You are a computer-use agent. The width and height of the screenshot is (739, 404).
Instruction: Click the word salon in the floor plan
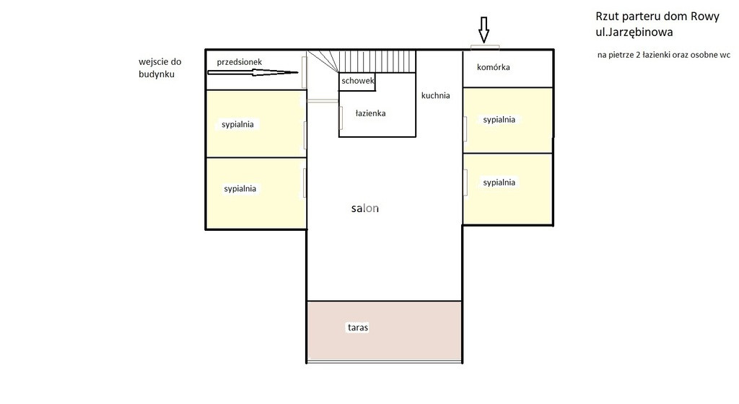pyautogui.click(x=364, y=208)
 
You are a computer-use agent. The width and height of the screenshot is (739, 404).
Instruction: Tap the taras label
pyautogui.click(x=358, y=328)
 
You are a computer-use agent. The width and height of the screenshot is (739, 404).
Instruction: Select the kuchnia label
pyautogui.click(x=435, y=95)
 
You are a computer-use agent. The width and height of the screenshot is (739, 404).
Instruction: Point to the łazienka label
pyautogui.click(x=370, y=113)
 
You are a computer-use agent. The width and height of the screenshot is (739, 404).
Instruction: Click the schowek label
pyautogui.click(x=358, y=81)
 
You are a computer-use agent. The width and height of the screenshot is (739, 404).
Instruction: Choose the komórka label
pyautogui.click(x=494, y=67)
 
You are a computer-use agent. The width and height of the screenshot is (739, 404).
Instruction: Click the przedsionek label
pyautogui.click(x=240, y=62)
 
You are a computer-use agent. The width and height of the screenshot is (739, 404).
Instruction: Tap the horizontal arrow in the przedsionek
pyautogui.click(x=253, y=73)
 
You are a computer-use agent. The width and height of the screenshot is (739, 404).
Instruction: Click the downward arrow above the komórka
pyautogui.click(x=484, y=29)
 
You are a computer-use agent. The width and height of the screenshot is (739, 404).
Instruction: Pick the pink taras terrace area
pyautogui.click(x=384, y=330)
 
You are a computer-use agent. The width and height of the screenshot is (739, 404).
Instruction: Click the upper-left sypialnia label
pyautogui.click(x=237, y=124)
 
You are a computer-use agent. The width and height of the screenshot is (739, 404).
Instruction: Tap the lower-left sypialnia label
pyautogui.click(x=240, y=188)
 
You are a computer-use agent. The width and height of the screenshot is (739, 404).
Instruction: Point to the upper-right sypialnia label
pyautogui.click(x=499, y=120)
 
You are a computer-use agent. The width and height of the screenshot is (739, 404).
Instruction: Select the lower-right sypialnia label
pyautogui.click(x=499, y=183)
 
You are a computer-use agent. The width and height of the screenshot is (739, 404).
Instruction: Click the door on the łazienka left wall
pyautogui.click(x=341, y=118)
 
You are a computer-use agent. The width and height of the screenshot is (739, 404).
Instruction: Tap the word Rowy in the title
pyautogui.click(x=705, y=17)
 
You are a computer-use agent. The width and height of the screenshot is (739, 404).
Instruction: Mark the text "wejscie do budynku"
pyautogui.click(x=159, y=68)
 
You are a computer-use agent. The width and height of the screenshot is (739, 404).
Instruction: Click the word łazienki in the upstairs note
pyautogui.click(x=652, y=55)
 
